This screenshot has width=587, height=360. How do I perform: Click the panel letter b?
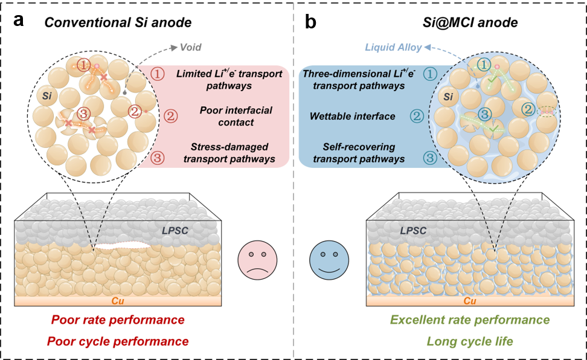pyautogui.click(x=311, y=22)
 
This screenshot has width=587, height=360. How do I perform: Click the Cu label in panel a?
pyautogui.click(x=119, y=300)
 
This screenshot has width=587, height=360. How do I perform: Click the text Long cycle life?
pyautogui.click(x=470, y=341)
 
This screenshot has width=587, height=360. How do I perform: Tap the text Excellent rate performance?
pyautogui.click(x=470, y=320)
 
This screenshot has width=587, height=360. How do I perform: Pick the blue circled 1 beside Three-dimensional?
pyautogui.click(x=430, y=74)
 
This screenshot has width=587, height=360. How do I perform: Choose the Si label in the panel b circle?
pyautogui.click(x=449, y=97)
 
